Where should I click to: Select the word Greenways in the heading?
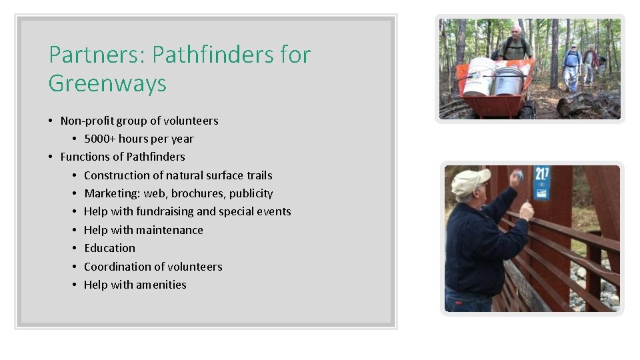107,84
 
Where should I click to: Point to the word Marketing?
111,193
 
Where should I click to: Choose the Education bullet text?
109,248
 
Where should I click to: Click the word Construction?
117,175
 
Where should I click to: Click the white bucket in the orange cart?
479,76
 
